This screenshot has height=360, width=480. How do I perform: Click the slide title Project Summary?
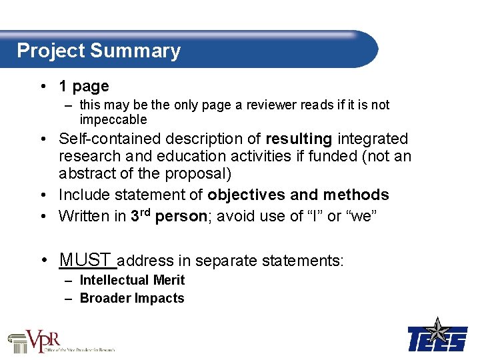point(99,51)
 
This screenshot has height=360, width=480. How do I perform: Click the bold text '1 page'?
point(83,86)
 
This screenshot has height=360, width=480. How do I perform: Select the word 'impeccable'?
point(113,119)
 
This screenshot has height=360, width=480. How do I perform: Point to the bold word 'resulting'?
point(299,139)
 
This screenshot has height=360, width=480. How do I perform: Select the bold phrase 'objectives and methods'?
point(298,195)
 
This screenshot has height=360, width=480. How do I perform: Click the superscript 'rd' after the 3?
point(145,212)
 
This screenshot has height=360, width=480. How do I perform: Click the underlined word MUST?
point(85,259)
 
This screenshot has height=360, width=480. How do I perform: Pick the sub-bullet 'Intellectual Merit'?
point(132,280)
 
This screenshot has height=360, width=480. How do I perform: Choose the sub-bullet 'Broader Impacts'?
point(132,298)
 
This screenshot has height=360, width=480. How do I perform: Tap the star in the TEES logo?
point(438,330)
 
